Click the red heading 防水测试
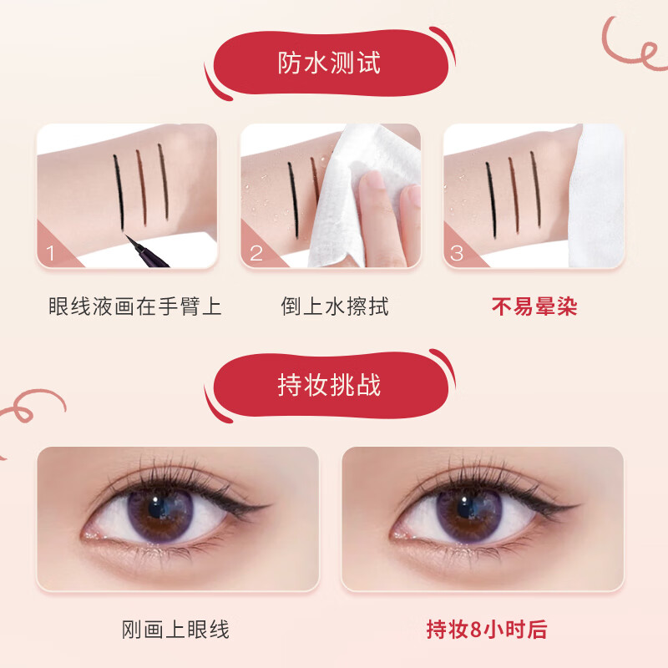click(x=329, y=62)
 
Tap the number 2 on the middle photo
click(x=256, y=253)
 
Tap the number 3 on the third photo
click(x=457, y=253)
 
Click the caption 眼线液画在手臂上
click(x=134, y=306)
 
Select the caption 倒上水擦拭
click(x=334, y=306)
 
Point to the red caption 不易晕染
click(x=534, y=306)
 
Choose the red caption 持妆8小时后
click(x=487, y=629)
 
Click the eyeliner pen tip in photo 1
click(x=134, y=243)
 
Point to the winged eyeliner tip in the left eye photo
click(x=270, y=505)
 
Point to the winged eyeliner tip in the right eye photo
click(x=575, y=505)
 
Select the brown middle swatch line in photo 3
click(x=510, y=185)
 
